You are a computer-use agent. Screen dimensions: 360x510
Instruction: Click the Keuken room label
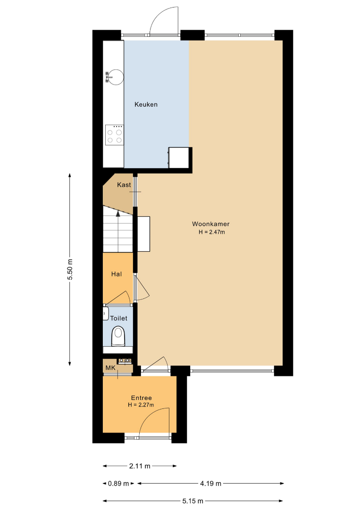146,104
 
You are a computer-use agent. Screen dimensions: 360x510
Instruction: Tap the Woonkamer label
210,224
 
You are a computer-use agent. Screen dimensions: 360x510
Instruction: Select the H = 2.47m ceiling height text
211,232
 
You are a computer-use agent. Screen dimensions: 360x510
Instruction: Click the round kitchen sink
115,77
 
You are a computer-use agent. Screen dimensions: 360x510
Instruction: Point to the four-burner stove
114,135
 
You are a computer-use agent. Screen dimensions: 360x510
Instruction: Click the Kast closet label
124,185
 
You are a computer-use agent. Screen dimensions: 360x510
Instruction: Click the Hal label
117,274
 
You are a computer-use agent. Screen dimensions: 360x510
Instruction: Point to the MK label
110,368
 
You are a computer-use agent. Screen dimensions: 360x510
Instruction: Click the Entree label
142,398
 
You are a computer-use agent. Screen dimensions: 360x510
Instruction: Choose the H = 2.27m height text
141,405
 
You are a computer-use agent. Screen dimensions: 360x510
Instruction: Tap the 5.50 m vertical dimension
70,270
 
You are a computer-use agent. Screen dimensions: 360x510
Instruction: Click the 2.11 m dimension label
140,466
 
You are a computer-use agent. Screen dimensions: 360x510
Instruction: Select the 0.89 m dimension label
118,484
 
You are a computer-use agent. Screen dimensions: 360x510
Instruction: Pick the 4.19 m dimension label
210,484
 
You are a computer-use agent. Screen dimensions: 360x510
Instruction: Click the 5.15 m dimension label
193,501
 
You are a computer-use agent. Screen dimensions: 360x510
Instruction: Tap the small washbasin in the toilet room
106,314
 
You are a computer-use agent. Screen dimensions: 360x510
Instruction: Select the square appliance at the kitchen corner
179,158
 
